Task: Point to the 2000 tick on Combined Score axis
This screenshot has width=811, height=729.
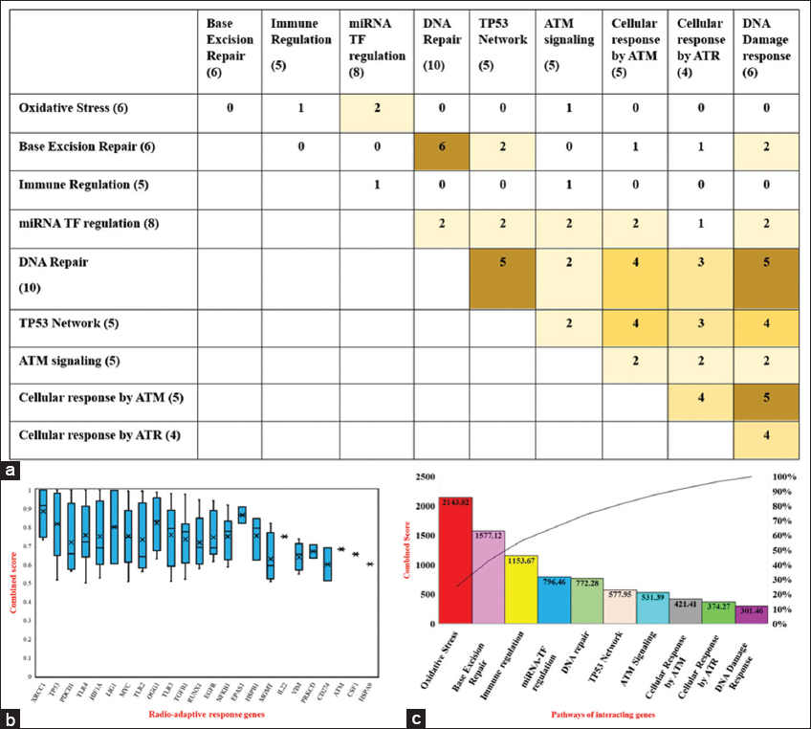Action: coord(426,506)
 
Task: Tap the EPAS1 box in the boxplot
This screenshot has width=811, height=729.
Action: coord(241,515)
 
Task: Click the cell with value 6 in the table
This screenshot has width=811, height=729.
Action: coord(442,147)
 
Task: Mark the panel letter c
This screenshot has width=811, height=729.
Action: coord(413,715)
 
